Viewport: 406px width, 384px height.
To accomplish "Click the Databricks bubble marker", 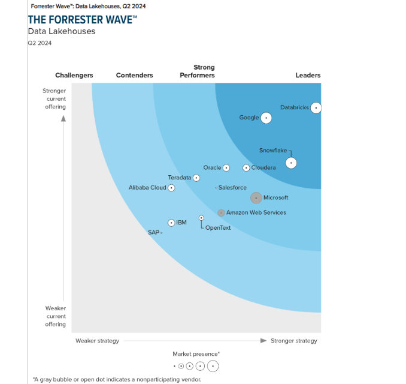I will point(316,108).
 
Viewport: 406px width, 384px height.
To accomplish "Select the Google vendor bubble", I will point(266,118).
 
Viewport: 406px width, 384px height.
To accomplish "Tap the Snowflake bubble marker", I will point(290,163).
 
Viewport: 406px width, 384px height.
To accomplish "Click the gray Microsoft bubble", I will point(256,197).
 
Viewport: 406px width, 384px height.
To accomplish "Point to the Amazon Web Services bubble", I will point(221,212).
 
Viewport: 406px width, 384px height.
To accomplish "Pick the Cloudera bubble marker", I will point(246,168).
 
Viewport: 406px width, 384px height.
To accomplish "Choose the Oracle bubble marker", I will point(226,168).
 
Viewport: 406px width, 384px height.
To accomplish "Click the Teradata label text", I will point(180,178).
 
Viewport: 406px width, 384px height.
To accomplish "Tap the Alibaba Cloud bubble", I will point(171,188).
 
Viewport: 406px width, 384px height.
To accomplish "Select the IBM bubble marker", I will point(171,223).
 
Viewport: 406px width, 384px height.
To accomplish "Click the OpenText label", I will point(218,228).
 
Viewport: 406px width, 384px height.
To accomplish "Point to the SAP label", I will point(153,232).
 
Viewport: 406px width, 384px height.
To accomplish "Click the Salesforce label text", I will point(232,188).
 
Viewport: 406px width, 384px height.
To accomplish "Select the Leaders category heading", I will point(308,76).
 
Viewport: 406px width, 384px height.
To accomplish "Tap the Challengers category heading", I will point(74,76).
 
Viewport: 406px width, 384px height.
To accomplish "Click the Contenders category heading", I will point(134,76).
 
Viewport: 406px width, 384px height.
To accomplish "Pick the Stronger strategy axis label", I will point(294,341).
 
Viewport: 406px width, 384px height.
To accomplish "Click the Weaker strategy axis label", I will point(97,341).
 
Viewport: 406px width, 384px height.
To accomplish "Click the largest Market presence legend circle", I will point(213,366).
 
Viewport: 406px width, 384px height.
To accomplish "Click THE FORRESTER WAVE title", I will point(83,19).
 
